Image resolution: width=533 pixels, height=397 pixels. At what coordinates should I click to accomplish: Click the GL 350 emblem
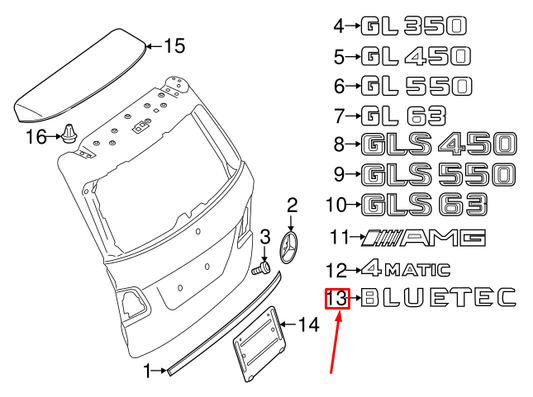pos(413,26)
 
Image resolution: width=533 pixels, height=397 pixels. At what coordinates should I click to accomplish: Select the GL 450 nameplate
pos(415,56)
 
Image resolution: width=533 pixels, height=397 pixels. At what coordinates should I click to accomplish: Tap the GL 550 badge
pos(416,86)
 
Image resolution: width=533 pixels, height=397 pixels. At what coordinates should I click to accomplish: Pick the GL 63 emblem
pos(403,116)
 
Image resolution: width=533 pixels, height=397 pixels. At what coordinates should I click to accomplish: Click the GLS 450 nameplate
pos(439,144)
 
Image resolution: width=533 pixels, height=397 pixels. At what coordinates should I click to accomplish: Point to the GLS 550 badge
pos(438,174)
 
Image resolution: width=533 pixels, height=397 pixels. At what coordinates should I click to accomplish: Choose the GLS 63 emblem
pos(424,204)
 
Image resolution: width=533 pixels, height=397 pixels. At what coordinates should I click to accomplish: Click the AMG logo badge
pos(424,237)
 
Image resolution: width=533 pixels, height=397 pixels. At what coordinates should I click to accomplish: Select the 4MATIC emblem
pos(406,269)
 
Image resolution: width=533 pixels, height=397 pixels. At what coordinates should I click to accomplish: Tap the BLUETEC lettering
pos(439,297)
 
